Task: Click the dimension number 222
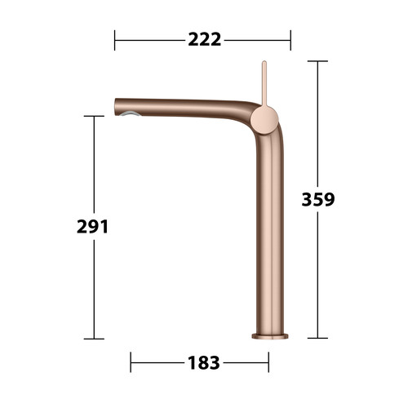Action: point(205,40)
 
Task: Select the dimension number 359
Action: point(318,199)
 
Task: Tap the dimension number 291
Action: point(92,227)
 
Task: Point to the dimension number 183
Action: point(203,362)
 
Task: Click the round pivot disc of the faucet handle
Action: point(264,120)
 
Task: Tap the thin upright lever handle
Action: point(264,83)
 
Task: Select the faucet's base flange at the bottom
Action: point(269,336)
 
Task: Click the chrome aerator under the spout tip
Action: point(131,114)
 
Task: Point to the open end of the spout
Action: point(116,107)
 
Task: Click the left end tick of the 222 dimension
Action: point(114,40)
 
